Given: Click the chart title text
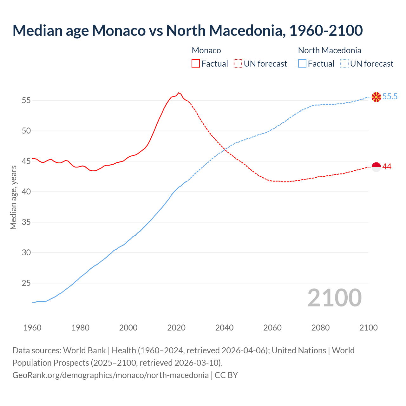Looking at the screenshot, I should pos(187,30).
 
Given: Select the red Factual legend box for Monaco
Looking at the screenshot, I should pos(196,63).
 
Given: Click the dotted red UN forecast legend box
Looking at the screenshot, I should pos(238,63).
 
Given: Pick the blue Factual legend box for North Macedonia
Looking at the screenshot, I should pos(302,63).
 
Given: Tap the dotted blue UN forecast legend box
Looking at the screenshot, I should pos(344,63).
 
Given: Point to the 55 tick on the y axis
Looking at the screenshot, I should pos(26,100).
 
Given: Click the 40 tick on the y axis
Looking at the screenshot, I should pos(26,192).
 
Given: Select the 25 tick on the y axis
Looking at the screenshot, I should pos(26,283).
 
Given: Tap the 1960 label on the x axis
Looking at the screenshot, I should pos(32,328).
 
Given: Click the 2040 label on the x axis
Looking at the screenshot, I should pos(224,328).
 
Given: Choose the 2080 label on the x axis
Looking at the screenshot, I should pos(320,328).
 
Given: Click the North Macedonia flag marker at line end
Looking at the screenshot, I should pos(376,97).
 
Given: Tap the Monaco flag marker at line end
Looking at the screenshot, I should pos(376,167).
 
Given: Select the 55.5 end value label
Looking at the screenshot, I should pos(390,97).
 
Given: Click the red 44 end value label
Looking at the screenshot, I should pos(387,167).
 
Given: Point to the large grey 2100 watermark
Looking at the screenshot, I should pos(334,298).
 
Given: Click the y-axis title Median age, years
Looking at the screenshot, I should pos(13,197).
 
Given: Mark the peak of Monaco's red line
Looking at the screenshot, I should pos(179,93).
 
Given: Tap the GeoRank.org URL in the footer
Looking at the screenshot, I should pos(110,375).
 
